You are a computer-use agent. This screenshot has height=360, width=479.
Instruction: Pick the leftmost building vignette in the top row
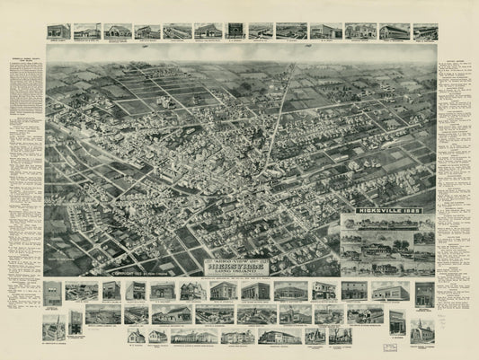click(x=58, y=31)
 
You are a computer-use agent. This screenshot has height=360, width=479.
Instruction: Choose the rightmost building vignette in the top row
click(x=425, y=31)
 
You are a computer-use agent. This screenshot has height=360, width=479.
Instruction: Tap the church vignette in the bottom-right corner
click(x=419, y=330)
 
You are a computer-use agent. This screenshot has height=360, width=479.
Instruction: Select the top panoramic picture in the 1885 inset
click(x=386, y=223)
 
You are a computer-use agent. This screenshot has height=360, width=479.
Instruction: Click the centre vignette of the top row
click(x=235, y=31)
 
